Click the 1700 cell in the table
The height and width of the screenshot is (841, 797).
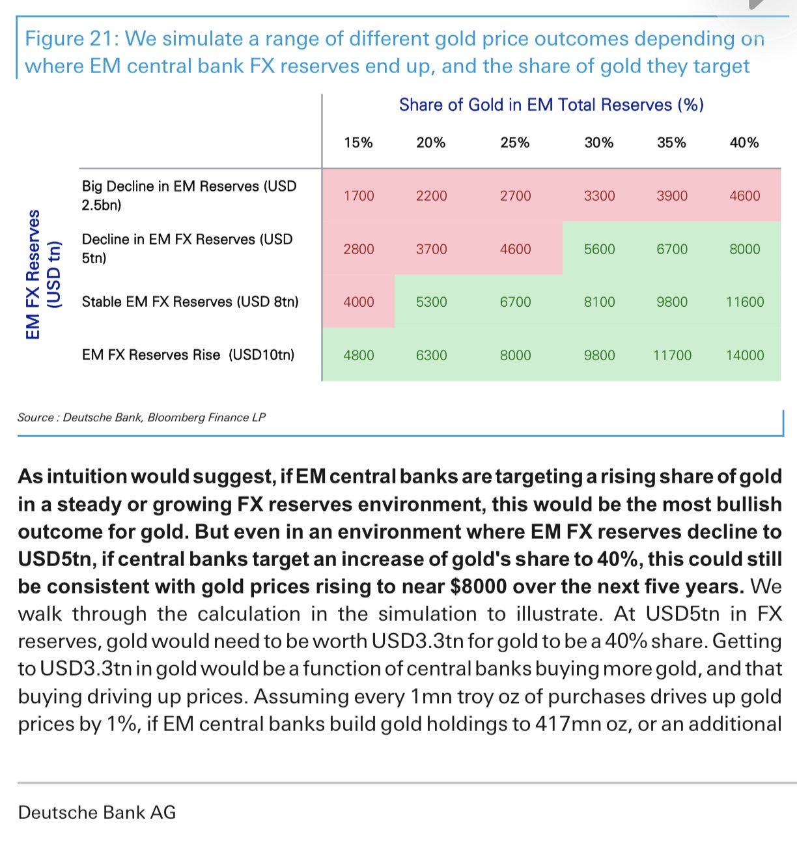click(359, 196)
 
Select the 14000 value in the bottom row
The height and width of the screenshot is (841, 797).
click(745, 355)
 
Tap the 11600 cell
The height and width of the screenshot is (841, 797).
click(745, 302)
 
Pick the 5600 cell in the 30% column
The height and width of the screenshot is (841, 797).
click(600, 249)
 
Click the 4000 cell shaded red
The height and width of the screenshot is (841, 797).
click(359, 302)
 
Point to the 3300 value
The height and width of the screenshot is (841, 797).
click(600, 196)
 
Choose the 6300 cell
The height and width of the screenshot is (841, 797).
click(432, 355)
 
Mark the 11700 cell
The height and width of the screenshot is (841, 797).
click(672, 355)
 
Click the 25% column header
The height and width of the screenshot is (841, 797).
click(515, 143)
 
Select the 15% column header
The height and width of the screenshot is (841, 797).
click(358, 143)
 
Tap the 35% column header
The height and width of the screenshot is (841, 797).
click(671, 143)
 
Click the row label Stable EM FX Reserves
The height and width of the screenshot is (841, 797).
click(190, 302)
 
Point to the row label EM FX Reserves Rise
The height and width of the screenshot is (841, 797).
click(188, 355)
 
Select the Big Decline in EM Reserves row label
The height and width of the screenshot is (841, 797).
click(189, 195)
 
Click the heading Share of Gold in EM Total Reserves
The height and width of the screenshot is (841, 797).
click(552, 105)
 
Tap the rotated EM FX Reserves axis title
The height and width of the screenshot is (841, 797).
click(43, 274)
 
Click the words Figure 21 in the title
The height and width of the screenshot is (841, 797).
click(71, 39)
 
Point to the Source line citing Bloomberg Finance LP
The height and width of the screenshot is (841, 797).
click(141, 418)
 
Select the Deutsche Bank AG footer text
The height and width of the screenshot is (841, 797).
click(97, 813)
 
